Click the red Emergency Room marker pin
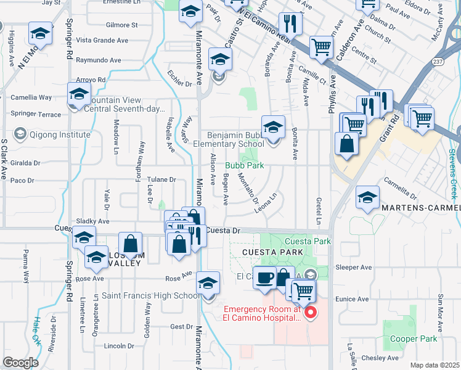pos(311,313)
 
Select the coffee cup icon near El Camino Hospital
pos(264,277)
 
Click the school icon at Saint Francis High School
pos(208,283)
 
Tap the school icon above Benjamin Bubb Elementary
pos(273,128)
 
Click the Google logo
pos(20,363)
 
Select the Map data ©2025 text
pos(435,365)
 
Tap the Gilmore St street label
pos(121,25)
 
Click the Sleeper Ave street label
pos(354,268)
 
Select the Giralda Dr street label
pos(25,163)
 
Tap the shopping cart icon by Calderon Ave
pos(320,46)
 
